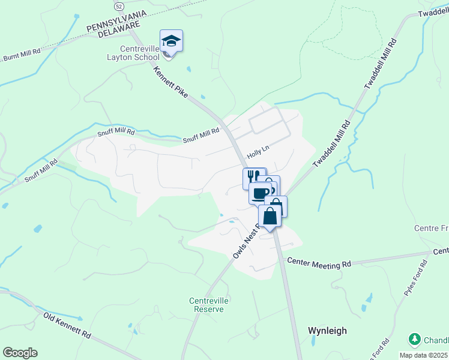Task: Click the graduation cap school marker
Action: click(x=171, y=41)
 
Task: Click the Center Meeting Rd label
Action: click(x=319, y=263)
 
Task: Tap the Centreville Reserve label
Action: click(x=206, y=305)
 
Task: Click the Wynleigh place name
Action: click(x=327, y=331)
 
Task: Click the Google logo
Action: click(x=20, y=353)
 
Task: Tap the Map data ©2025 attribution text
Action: click(x=424, y=355)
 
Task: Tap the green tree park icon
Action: click(x=414, y=340)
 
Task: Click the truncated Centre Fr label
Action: click(x=431, y=229)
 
